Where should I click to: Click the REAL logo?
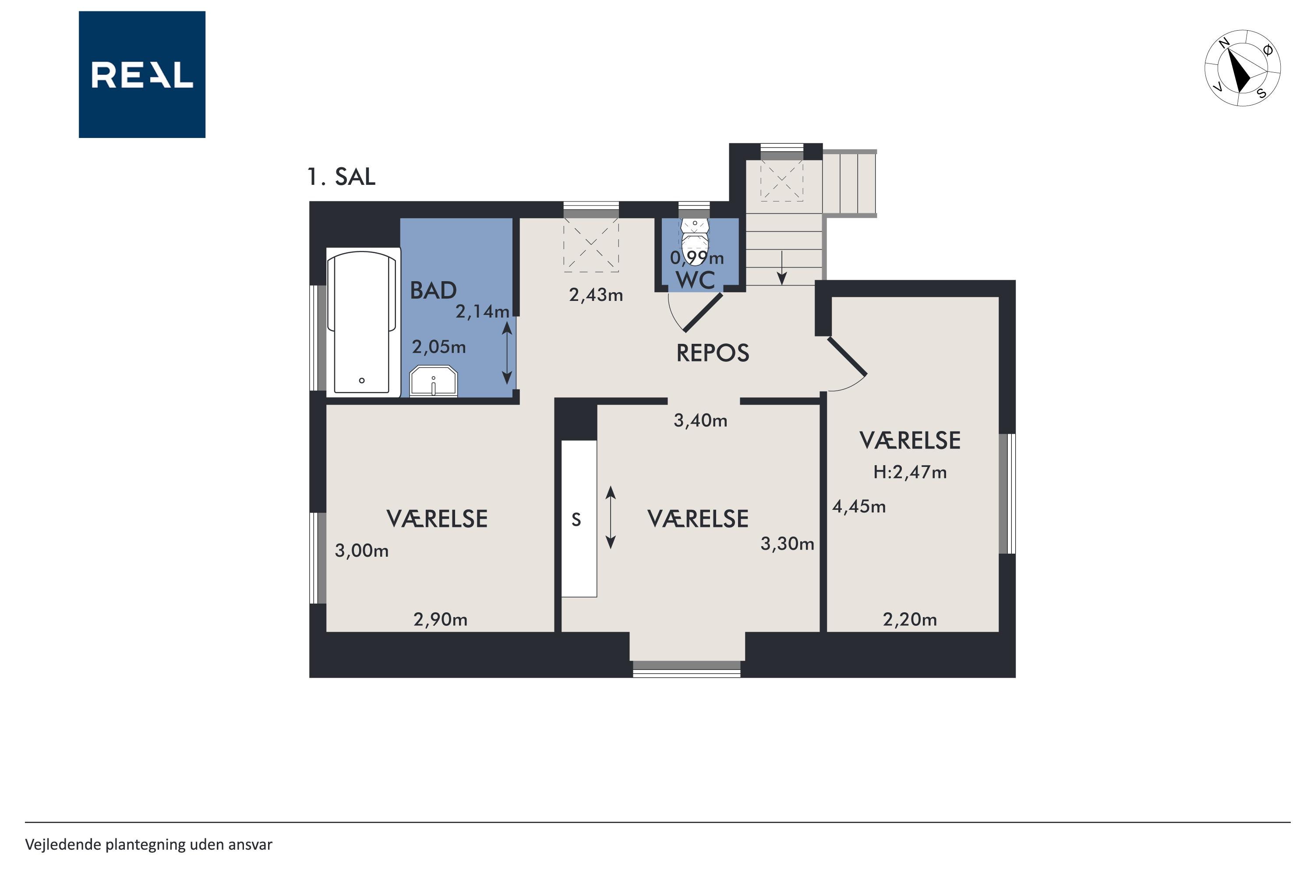click(142, 74)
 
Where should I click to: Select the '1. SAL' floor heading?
click(341, 177)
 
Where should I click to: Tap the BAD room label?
click(433, 290)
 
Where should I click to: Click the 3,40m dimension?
click(700, 420)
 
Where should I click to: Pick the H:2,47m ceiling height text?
click(910, 472)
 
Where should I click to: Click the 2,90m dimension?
click(440, 620)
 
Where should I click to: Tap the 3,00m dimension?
click(361, 551)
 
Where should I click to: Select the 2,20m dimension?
click(910, 620)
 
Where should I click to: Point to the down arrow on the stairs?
click(782, 268)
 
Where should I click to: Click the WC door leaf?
click(703, 312)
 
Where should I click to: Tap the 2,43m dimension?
click(596, 295)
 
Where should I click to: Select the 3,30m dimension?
click(787, 544)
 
